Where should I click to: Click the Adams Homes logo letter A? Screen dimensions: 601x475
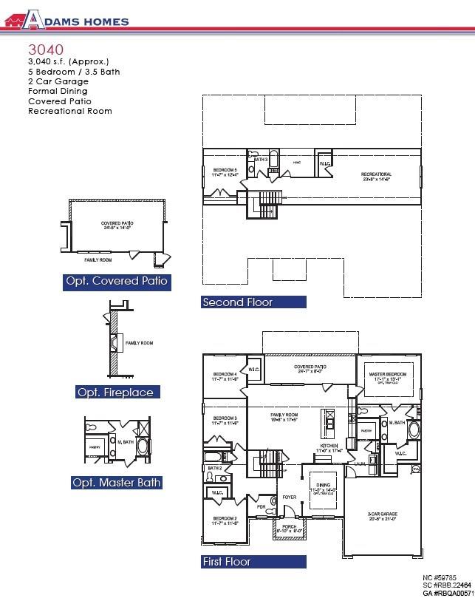[32, 20]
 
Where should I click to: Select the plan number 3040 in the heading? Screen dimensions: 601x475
[47, 50]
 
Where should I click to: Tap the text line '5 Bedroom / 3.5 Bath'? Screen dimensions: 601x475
[74, 72]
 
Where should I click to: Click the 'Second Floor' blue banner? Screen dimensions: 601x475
[253, 302]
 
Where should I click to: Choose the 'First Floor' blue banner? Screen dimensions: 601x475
[253, 562]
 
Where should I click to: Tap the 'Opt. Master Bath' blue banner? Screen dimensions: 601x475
[116, 483]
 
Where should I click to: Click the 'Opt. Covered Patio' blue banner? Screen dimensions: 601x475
[117, 281]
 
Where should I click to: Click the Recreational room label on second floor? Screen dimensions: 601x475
[376, 176]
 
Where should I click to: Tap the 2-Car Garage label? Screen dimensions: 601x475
[383, 516]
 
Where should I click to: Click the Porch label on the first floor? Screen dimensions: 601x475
[290, 528]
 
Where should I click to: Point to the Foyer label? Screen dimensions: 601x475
[290, 497]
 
